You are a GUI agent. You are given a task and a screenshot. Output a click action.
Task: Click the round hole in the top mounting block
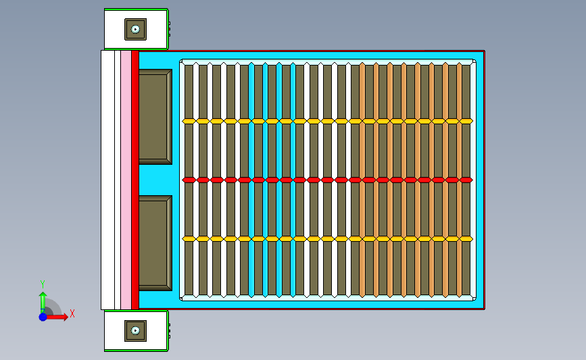[x=135, y=29]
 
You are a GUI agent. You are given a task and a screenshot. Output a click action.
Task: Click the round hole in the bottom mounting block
[x=135, y=330]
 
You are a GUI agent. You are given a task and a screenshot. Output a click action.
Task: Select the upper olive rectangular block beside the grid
[x=155, y=117]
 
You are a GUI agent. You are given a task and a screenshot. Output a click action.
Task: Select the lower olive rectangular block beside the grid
[x=155, y=243]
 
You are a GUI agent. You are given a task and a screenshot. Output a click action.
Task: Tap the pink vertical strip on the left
[x=126, y=180]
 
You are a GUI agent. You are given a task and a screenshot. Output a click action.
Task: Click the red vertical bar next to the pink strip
[x=135, y=180]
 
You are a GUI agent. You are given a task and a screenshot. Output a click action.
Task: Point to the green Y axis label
[x=42, y=284]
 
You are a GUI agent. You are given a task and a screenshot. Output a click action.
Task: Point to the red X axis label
[x=72, y=313]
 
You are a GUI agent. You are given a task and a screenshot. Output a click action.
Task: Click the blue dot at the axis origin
[x=43, y=317]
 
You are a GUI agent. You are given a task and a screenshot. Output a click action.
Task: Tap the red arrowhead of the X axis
[x=66, y=317]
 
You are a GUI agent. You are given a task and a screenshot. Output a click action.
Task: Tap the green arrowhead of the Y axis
[x=43, y=295]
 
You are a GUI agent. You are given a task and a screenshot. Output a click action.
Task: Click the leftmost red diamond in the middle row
[x=189, y=180]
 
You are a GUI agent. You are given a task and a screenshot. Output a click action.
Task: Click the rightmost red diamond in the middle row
[x=466, y=180]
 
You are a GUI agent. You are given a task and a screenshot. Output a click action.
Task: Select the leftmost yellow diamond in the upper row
[x=189, y=121]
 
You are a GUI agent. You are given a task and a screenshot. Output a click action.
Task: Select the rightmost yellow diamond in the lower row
[x=466, y=238]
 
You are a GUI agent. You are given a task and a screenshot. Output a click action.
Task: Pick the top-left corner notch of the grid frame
[x=181, y=61]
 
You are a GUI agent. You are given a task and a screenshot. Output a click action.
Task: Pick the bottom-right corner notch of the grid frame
[x=474, y=299]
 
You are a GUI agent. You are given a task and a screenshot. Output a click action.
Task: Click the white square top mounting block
[x=136, y=29]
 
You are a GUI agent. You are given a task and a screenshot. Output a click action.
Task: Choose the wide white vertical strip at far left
[x=107, y=180]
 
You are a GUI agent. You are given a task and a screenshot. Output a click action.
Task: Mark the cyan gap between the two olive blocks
[x=155, y=180]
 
